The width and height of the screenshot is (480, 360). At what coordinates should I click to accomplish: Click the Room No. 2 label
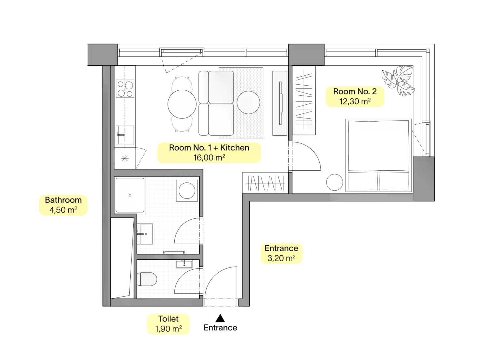[x=355, y=97]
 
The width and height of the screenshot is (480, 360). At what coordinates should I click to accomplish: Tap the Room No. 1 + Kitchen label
[x=209, y=153]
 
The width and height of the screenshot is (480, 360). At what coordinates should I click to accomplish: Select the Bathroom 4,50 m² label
[x=63, y=205]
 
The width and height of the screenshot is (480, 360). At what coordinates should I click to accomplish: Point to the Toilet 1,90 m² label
[x=168, y=324]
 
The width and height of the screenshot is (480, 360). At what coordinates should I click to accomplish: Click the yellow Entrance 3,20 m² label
[x=282, y=253]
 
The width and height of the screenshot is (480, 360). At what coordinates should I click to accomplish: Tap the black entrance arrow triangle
[x=220, y=318]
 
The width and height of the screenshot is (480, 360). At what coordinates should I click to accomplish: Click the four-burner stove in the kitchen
[x=125, y=89]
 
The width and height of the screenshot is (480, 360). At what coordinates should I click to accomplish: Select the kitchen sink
[x=125, y=135]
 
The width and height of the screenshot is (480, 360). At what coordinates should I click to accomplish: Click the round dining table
[x=182, y=104]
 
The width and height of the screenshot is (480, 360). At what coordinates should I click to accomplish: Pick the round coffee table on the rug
[x=248, y=102]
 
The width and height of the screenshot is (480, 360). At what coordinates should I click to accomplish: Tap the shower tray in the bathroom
[x=130, y=195]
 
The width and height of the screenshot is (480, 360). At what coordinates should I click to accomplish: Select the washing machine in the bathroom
[x=187, y=190]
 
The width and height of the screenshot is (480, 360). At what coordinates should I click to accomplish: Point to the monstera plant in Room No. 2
[x=398, y=81]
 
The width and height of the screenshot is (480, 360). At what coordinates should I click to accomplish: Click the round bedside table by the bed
[x=335, y=182]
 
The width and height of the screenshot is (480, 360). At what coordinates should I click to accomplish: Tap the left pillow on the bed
[x=363, y=181]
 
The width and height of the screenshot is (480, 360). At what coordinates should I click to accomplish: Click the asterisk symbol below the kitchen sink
[x=125, y=158]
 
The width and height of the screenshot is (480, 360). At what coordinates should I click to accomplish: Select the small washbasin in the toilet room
[x=184, y=264]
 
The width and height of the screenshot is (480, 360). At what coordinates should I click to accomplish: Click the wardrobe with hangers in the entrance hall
[x=265, y=183]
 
